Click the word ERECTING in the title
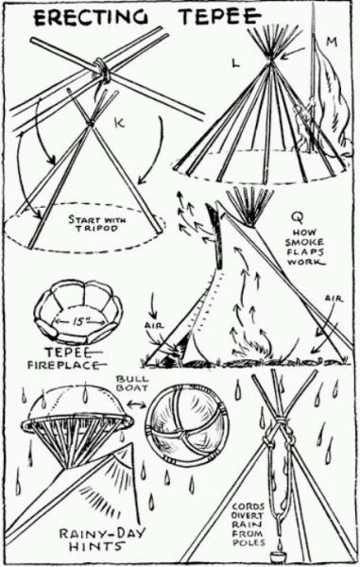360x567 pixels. (x=91, y=17)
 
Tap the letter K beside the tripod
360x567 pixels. (x=119, y=123)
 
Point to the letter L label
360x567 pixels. (x=235, y=63)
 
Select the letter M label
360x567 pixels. (x=332, y=42)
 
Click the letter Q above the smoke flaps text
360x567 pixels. (x=299, y=217)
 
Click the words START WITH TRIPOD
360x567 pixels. (x=96, y=224)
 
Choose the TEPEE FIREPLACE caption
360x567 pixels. (x=67, y=358)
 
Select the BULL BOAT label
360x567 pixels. (x=132, y=384)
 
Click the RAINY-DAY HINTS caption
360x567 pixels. (x=102, y=540)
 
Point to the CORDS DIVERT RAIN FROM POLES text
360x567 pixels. (x=248, y=524)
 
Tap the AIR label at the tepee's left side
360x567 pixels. (x=154, y=325)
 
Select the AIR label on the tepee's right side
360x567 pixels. (x=334, y=299)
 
